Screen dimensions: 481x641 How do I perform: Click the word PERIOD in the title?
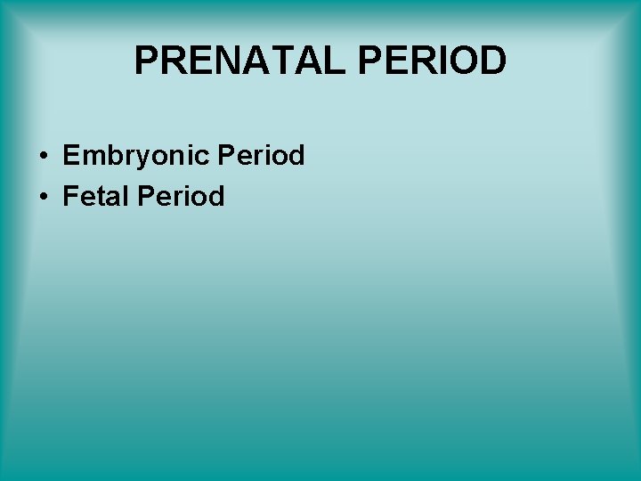(434, 61)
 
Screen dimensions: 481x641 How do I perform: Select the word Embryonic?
(135, 156)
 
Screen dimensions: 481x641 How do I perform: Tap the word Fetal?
(95, 196)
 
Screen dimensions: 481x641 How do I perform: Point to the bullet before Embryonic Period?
(43, 157)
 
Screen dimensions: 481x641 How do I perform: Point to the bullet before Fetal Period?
(43, 197)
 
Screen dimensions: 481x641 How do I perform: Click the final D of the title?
(491, 61)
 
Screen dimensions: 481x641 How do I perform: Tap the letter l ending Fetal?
(126, 196)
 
